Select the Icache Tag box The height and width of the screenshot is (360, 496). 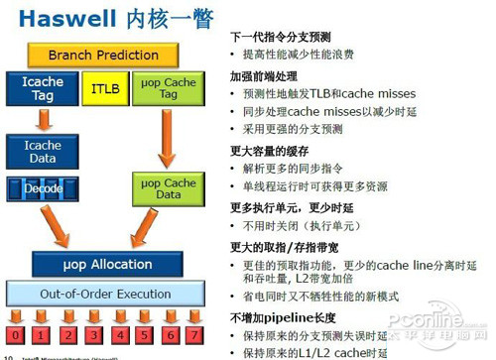[x=43, y=87]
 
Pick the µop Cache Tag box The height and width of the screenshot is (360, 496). [x=167, y=88]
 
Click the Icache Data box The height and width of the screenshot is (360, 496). [x=43, y=152]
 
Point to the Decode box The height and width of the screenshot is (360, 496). [x=43, y=188]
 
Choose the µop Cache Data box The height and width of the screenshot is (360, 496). [x=167, y=188]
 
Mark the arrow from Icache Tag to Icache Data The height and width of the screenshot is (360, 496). [x=43, y=119]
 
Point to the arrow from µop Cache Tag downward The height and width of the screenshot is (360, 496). [x=167, y=134]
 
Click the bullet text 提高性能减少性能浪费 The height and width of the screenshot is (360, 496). [x=298, y=54]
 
